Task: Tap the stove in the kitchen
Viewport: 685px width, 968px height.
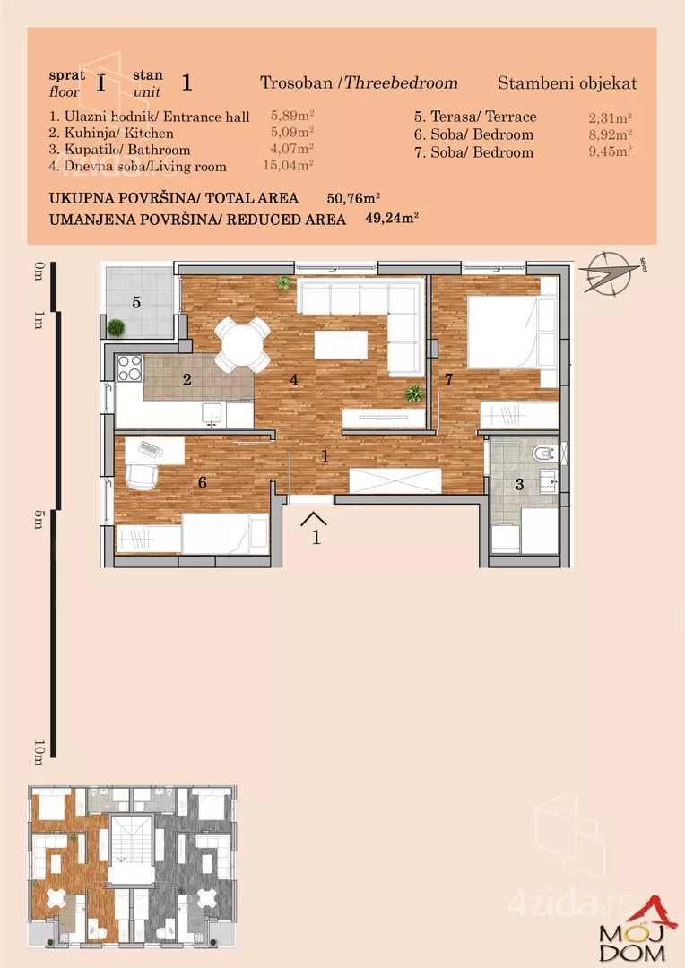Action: coord(129,367)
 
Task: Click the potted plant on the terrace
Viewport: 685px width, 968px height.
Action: coord(116,328)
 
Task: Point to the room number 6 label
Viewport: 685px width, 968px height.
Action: coord(203,482)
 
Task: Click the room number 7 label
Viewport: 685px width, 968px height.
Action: coord(448,380)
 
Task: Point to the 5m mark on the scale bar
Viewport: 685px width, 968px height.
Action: coord(38,520)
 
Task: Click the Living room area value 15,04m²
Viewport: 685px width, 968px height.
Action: coord(291,166)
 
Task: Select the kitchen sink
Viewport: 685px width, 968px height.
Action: coord(212,413)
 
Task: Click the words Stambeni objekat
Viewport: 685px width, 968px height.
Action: coord(567,83)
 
